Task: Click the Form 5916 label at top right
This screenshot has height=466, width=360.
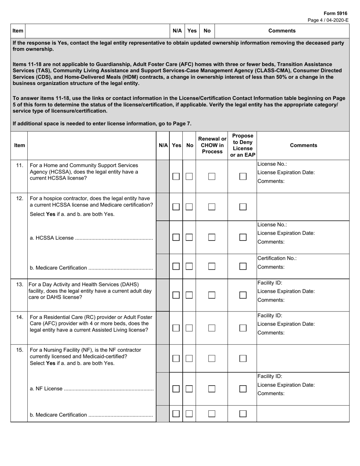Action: coord(335,13)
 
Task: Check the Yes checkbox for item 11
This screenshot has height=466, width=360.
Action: coord(176,177)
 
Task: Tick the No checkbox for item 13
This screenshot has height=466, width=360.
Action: coord(189,295)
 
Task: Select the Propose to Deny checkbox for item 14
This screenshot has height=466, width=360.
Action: coord(243,328)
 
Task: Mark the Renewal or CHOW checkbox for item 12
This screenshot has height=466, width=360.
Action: coord(212,207)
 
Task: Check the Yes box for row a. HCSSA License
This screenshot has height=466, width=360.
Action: coord(176,237)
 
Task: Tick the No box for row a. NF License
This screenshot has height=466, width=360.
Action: coord(189,389)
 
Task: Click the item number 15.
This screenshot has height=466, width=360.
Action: coord(19,350)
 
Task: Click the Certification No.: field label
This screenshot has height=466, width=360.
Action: coord(277,258)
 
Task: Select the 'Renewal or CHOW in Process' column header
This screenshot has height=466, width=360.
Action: coord(212,145)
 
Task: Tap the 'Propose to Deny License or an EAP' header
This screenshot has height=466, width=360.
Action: coord(243,145)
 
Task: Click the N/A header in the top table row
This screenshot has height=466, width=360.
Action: coord(177,31)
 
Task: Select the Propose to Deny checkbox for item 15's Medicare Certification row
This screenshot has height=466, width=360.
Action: coord(243,414)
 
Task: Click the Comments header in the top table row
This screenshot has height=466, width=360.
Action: coord(282,31)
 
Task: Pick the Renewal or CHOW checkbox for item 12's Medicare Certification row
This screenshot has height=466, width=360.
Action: coord(212,266)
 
